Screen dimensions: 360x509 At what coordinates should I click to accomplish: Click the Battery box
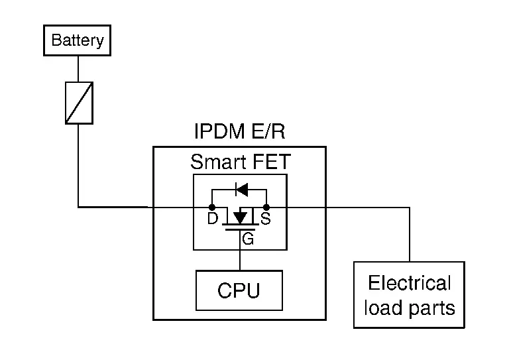(x=78, y=40)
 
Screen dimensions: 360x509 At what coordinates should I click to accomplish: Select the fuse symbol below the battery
(x=78, y=103)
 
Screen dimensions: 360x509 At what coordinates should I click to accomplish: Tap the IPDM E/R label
(x=239, y=132)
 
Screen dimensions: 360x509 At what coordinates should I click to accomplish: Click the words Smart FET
(x=239, y=162)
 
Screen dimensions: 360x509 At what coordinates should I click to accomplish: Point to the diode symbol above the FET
(x=241, y=190)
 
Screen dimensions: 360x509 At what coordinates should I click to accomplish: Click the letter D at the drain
(x=212, y=219)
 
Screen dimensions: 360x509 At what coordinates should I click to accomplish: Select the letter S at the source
(x=266, y=219)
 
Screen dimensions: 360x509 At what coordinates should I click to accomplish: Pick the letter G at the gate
(x=248, y=240)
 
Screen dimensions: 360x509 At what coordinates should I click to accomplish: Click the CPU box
(x=239, y=290)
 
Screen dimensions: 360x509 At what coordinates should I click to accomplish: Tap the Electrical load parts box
(x=409, y=295)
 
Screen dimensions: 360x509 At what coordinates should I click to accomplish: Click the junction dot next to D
(x=212, y=208)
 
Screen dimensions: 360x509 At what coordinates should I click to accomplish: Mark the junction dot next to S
(x=266, y=208)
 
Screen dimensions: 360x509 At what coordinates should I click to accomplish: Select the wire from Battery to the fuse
(x=78, y=68)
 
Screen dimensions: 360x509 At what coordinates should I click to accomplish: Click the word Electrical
(x=409, y=284)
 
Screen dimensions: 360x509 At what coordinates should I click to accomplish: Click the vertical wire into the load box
(x=409, y=235)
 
